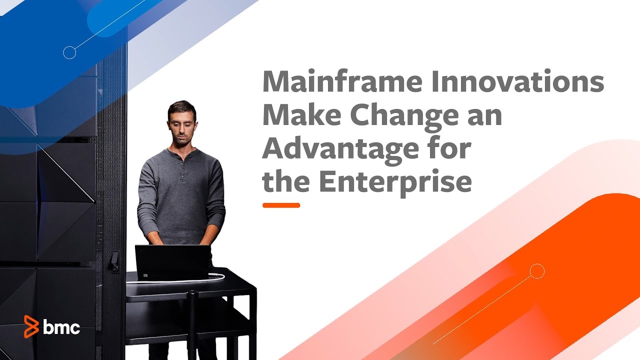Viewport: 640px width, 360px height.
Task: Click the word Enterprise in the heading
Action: tap(395, 182)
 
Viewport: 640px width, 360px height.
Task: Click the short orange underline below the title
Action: tap(281, 205)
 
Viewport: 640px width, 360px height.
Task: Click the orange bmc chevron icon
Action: tap(31, 327)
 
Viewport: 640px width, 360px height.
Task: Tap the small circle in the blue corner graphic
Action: tap(69, 52)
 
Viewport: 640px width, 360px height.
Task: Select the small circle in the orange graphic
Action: tap(537, 271)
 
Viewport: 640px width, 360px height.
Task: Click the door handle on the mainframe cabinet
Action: tap(114, 261)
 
